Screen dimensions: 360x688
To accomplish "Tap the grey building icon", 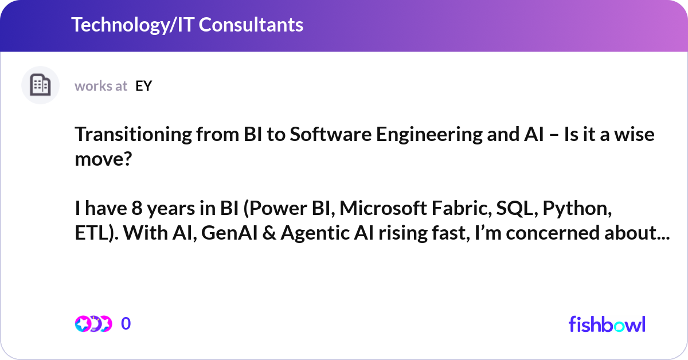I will [40, 85].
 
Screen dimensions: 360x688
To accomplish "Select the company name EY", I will [144, 86].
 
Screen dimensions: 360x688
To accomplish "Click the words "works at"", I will [101, 86].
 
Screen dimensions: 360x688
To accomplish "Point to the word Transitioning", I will [123, 135].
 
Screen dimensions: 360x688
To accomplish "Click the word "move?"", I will [103, 159].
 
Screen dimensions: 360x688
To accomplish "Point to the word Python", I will [580, 209].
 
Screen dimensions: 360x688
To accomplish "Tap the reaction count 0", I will [126, 324].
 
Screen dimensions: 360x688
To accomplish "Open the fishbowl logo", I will [607, 324].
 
